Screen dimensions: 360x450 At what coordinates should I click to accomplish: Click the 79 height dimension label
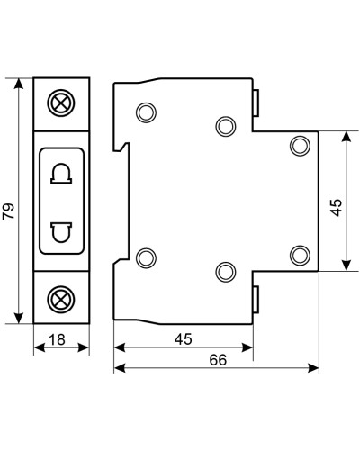click(x=8, y=211)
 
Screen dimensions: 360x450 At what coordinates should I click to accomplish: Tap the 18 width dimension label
click(x=57, y=339)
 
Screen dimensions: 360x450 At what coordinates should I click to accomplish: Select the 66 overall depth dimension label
click(x=218, y=360)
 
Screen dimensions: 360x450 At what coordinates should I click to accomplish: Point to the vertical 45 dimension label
click(x=336, y=207)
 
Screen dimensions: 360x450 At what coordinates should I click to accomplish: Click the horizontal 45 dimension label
click(x=184, y=339)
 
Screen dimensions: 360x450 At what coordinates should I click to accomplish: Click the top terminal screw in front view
click(x=61, y=103)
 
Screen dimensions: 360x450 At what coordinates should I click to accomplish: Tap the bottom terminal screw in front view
click(x=61, y=300)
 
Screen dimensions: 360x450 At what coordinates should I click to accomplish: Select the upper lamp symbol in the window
click(x=61, y=173)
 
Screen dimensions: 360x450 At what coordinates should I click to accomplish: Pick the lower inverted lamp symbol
click(x=61, y=232)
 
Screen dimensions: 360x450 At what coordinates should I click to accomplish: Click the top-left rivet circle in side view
click(x=146, y=112)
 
